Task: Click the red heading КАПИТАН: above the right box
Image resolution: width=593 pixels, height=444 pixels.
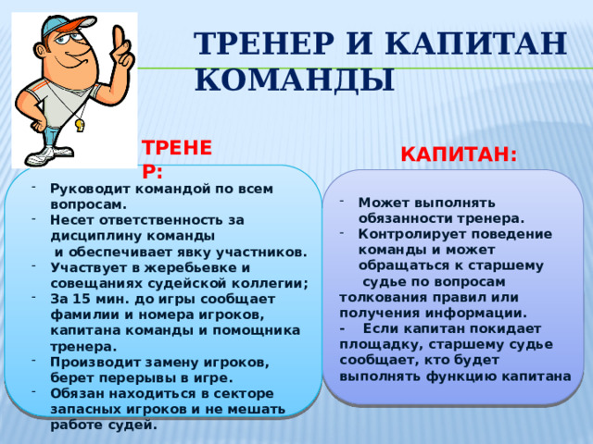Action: [459, 154]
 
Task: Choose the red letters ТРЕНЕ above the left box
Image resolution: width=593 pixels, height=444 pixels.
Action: [177, 147]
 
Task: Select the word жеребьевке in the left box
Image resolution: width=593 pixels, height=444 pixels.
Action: [164, 266]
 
